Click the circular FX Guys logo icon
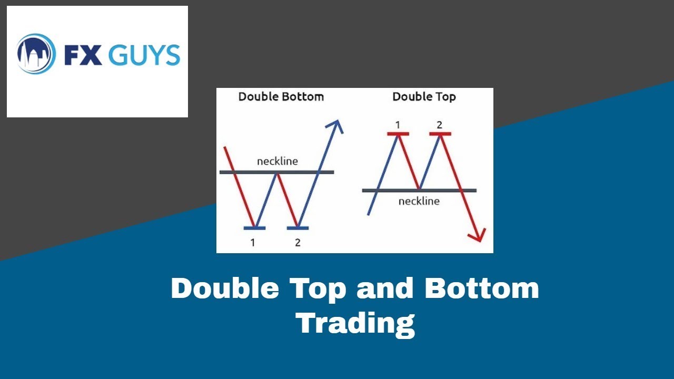tap(36, 54)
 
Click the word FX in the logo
tap(83, 55)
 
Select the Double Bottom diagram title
tap(281, 97)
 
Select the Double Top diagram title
tap(424, 97)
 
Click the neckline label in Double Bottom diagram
tap(277, 161)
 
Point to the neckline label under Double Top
tap(419, 201)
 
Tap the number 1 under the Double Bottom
tap(253, 243)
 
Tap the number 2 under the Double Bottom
tap(298, 243)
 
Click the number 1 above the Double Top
tap(398, 125)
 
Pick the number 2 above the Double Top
tap(440, 125)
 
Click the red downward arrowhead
tap(478, 235)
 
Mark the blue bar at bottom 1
tap(255, 228)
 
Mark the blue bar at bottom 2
tap(298, 228)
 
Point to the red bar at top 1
tap(398, 134)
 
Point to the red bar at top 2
tap(440, 134)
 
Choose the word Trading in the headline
tap(355, 323)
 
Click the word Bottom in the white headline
tap(482, 288)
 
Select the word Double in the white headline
tap(225, 288)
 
